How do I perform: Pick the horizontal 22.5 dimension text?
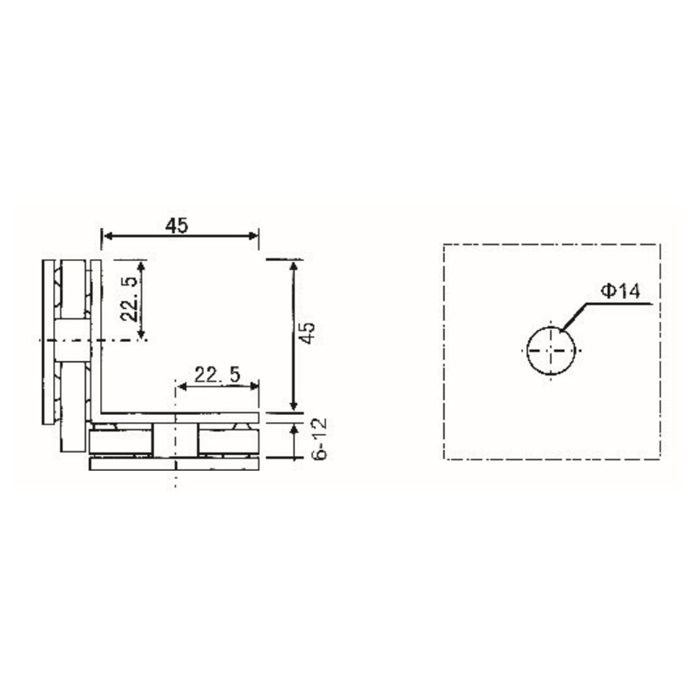217,375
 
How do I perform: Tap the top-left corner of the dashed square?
444,244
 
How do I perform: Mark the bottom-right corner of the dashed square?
659,458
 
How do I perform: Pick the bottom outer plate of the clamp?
175,465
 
